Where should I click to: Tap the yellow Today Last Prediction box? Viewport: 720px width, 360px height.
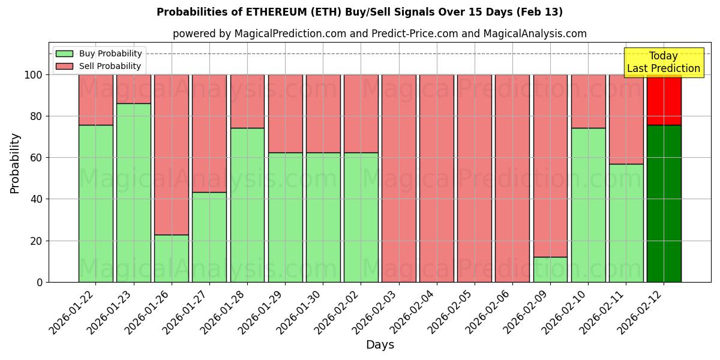[x=663, y=62]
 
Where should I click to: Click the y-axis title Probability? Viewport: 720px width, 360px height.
[x=15, y=163]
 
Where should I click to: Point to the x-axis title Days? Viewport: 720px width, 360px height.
[x=380, y=345]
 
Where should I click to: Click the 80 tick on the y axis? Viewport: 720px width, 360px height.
[x=35, y=116]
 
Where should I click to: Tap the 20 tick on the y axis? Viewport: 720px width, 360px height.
[x=35, y=241]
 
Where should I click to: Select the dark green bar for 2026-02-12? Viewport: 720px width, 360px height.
[x=664, y=203]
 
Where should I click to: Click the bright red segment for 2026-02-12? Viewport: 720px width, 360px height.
[x=664, y=100]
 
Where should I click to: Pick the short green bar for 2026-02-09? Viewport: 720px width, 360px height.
[x=550, y=269]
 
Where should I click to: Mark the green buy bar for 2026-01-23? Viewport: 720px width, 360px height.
[x=133, y=193]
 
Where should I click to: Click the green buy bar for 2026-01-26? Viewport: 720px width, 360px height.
[x=172, y=258]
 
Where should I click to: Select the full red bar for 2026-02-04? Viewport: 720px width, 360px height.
[x=437, y=178]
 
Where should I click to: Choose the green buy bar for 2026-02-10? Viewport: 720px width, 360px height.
[x=588, y=205]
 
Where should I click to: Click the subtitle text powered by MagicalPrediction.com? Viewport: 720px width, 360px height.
[x=379, y=34]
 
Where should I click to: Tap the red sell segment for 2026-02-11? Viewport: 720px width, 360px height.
[x=626, y=119]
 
